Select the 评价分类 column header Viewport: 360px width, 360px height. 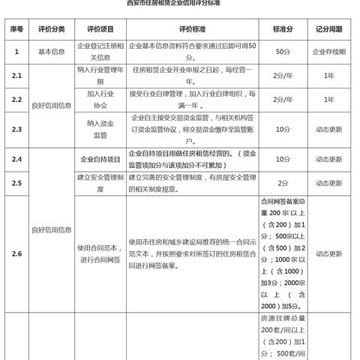(x=51, y=30)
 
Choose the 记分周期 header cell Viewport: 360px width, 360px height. (x=328, y=30)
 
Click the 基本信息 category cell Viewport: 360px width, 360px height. (x=51, y=52)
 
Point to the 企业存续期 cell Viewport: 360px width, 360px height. (x=328, y=52)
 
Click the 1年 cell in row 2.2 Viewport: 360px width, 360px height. (x=328, y=100)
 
